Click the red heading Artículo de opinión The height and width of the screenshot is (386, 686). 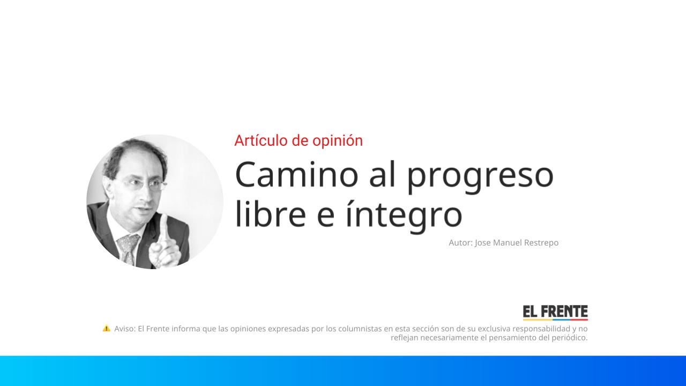pos(299,140)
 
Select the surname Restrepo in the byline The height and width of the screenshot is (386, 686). pos(538,243)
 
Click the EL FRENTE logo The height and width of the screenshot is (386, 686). pos(555,313)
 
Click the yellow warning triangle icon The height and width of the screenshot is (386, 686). pos(107,328)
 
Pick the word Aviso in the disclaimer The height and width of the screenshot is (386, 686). pos(125,329)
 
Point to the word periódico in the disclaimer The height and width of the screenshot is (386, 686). pos(566,338)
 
